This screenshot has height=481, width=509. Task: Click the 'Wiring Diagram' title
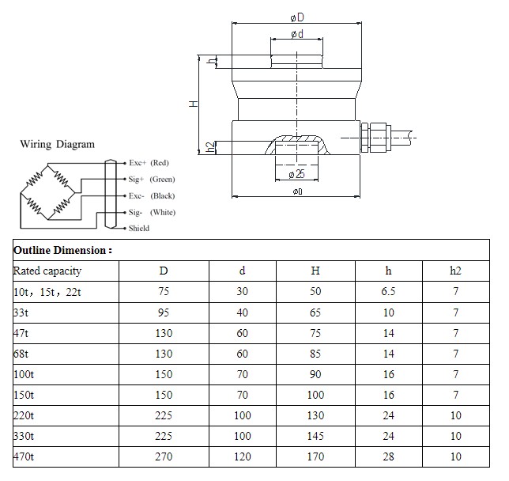coord(57,144)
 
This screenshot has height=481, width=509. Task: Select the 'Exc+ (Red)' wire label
coord(149,162)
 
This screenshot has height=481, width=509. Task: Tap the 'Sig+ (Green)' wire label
coord(151,179)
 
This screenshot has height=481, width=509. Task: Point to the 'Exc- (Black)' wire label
coord(151,195)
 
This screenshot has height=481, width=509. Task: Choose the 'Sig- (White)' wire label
coord(152,212)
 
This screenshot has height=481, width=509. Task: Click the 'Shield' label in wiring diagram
coord(138,228)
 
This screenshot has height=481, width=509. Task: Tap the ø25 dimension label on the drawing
coord(296,173)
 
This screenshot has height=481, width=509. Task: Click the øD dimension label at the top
coord(296,18)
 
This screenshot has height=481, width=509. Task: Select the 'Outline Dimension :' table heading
coord(62,250)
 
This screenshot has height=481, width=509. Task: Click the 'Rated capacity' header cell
coord(47,271)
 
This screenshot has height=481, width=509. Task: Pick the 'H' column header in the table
coord(315,271)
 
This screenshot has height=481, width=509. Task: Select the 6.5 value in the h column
coord(388,291)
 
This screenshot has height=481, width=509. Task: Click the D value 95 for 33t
coord(164,312)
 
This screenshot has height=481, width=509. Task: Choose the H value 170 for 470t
coord(315,456)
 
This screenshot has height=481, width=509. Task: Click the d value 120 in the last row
coord(243,456)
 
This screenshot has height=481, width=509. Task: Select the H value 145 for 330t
coord(315,436)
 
